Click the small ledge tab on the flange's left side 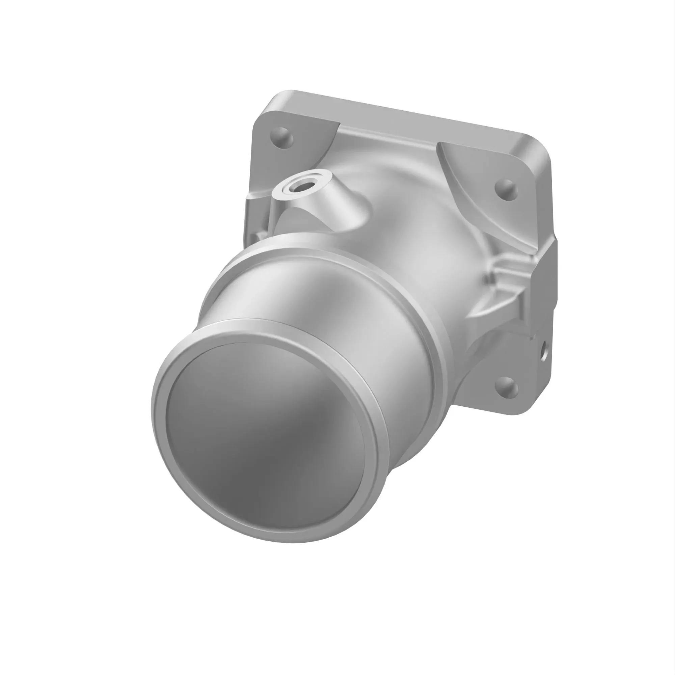click(257, 199)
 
